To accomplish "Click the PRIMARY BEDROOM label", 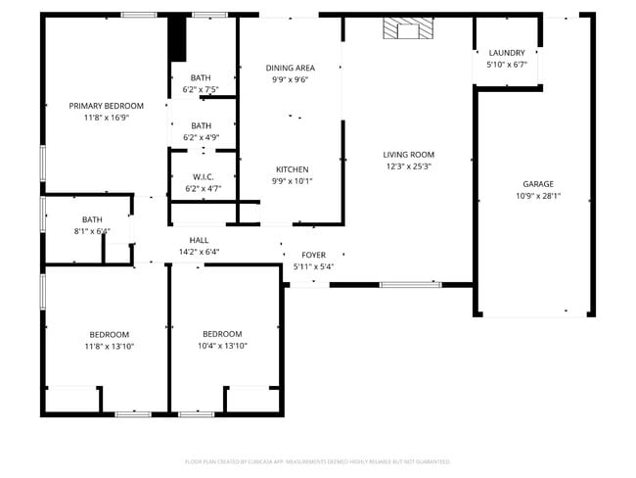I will click(x=106, y=106).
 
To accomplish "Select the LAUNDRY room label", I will click(x=506, y=53).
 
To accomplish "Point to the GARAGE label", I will click(x=537, y=184).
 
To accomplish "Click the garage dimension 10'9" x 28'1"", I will click(x=537, y=195).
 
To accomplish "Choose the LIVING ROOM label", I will click(x=408, y=155).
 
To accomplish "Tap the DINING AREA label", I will click(x=290, y=68).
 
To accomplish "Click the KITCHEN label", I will click(x=292, y=169).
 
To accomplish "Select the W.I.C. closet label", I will click(x=203, y=176).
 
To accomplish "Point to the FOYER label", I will click(x=313, y=255).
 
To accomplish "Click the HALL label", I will click(x=199, y=240).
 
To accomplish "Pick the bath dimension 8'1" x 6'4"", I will click(x=92, y=231).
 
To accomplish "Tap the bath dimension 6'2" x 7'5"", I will click(x=201, y=89).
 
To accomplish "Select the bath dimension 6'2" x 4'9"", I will click(x=201, y=137).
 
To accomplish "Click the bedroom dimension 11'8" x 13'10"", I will click(x=109, y=346).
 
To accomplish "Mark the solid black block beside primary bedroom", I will click(x=177, y=38).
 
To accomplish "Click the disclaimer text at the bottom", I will click(x=317, y=460).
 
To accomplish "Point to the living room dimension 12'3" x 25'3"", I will click(x=408, y=167).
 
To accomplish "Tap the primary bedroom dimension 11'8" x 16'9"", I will click(x=106, y=117).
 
